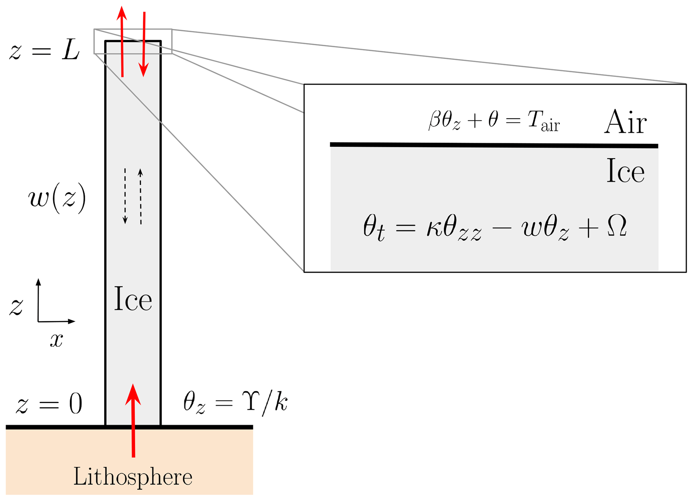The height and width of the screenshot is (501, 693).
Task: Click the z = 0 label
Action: tap(49, 403)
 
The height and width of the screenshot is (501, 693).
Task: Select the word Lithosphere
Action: tap(133, 477)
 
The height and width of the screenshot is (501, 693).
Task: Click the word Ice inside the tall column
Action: tap(133, 299)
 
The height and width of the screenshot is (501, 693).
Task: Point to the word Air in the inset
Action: tap(625, 122)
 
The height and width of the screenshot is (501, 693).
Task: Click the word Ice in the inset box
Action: tap(625, 171)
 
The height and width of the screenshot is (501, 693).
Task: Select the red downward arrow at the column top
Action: tap(144, 44)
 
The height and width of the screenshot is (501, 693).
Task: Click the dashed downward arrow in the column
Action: tap(125, 196)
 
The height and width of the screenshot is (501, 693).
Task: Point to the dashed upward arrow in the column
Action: tap(140, 196)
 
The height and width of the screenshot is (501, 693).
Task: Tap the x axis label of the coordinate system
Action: tap(56, 340)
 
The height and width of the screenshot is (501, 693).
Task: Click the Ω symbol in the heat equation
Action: tap(616, 226)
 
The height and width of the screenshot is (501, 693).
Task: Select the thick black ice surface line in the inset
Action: tap(494, 145)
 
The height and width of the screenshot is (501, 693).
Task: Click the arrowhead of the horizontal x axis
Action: tap(71, 321)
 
